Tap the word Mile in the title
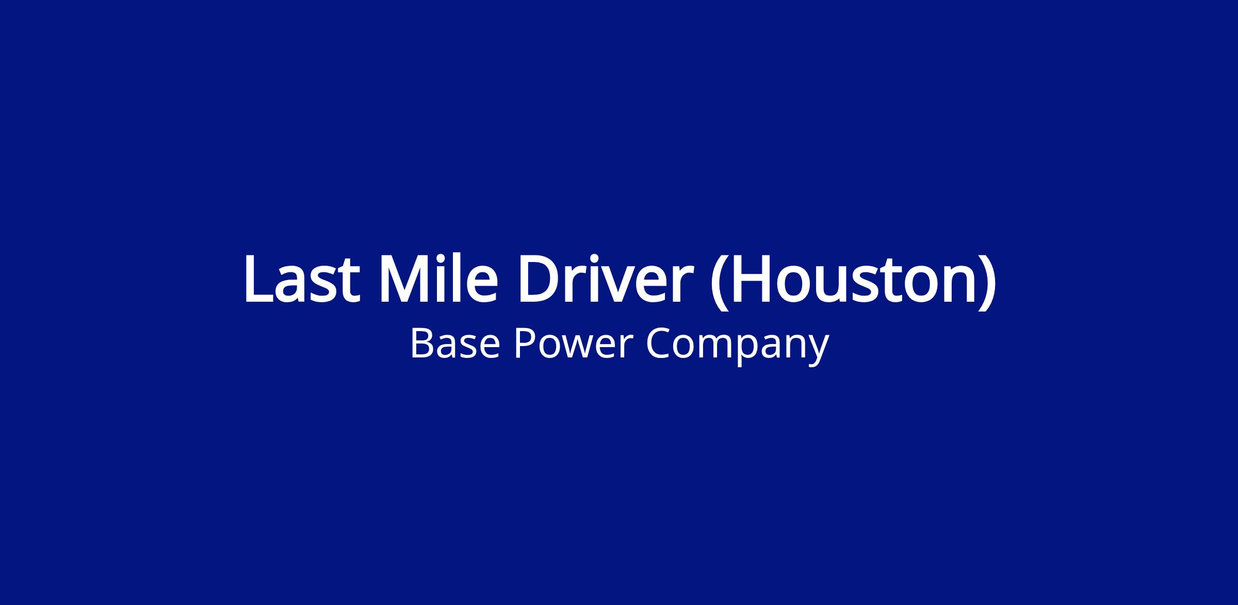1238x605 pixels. click(439, 278)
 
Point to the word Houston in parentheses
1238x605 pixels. click(850, 279)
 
